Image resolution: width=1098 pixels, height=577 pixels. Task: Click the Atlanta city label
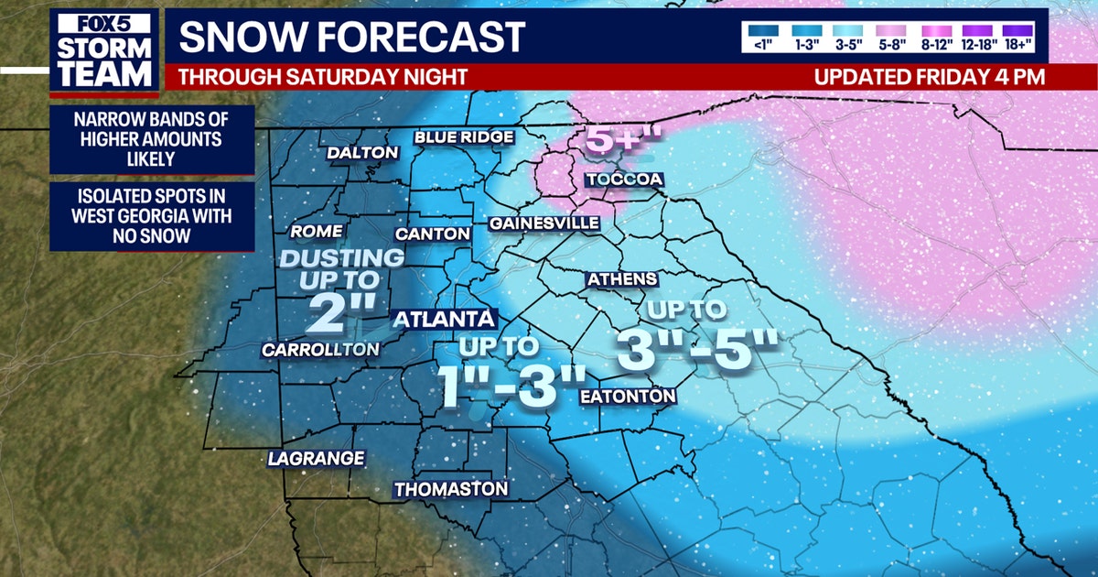pos(445,320)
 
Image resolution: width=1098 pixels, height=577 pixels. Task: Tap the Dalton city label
pos(362,153)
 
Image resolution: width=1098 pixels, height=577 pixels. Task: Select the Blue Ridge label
pos(463,137)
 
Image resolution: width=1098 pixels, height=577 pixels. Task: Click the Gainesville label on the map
pos(544,223)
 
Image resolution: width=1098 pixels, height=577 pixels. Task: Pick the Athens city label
pos(622,278)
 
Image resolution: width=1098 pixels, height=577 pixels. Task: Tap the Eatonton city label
pos(629,396)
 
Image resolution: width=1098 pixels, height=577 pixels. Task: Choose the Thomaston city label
pos(450,489)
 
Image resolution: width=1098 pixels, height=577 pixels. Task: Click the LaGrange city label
pos(317,458)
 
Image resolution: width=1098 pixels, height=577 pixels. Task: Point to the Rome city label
pos(316,231)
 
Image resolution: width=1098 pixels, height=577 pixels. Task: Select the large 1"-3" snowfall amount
pos(511,386)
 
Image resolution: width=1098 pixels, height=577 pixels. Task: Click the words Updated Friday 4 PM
pos(929,77)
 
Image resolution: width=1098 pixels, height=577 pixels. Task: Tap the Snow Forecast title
pos(352,37)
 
